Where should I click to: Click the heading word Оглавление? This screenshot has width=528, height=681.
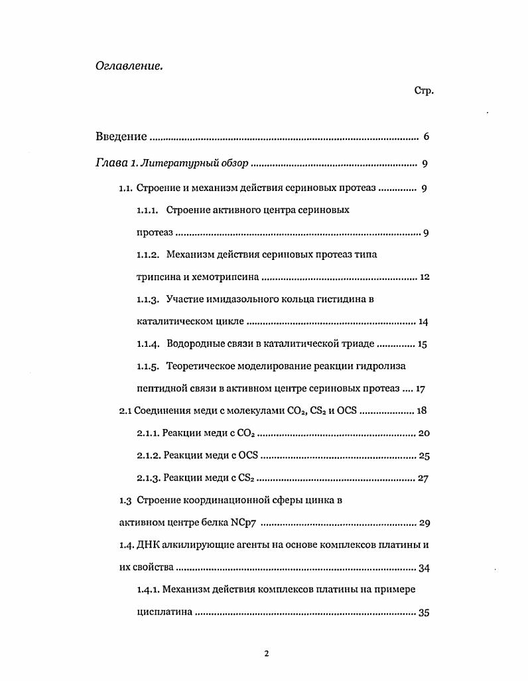[129, 66]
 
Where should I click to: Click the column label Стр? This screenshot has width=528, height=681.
[424, 91]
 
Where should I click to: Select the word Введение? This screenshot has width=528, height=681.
[121, 137]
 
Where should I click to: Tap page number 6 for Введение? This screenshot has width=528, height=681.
[426, 137]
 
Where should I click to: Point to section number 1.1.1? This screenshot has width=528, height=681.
[148, 210]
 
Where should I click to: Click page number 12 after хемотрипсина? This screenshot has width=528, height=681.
[425, 277]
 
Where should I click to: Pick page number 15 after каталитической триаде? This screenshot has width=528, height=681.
[423, 344]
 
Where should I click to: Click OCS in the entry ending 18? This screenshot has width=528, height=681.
[347, 411]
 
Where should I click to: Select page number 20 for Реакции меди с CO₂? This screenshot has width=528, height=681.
[425, 434]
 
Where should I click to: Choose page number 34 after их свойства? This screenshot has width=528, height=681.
[425, 568]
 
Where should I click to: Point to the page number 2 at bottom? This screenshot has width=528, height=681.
[266, 654]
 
